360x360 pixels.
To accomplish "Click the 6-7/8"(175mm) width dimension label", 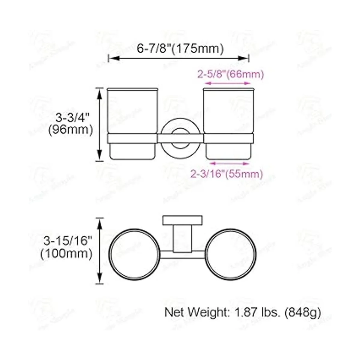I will coord(180,48).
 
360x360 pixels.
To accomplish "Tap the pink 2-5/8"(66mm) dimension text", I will coord(230,74).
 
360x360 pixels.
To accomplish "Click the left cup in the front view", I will coord(132,111).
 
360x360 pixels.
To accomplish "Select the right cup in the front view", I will coord(229,111).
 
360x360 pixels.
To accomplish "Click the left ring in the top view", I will coord(132,255).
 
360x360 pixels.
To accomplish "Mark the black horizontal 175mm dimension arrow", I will coord(178,58).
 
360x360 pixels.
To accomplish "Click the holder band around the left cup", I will coord(132,139).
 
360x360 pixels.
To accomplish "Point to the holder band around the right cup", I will coord(229,139).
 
